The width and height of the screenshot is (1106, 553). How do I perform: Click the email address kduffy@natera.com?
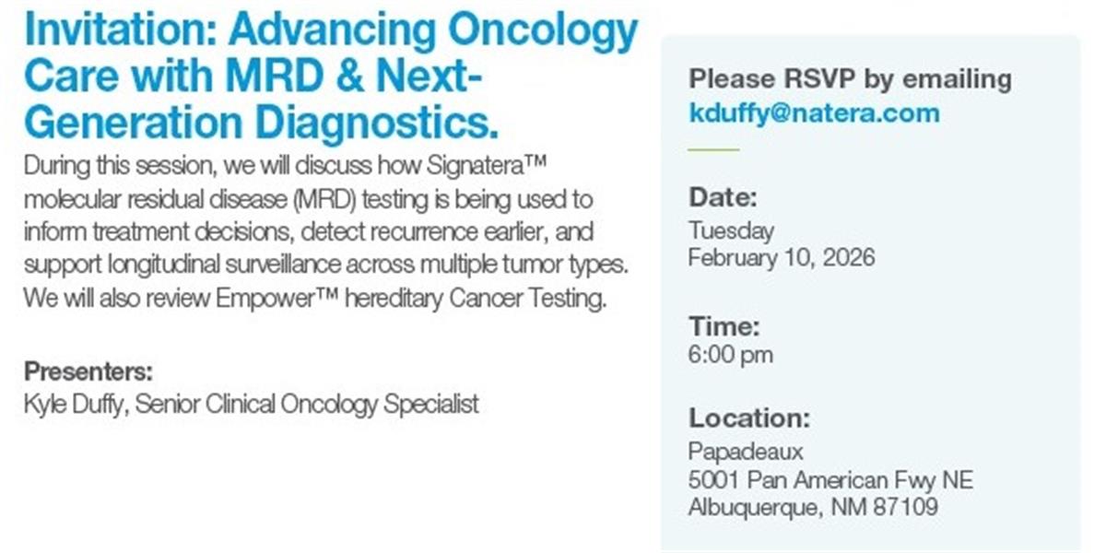point(814,114)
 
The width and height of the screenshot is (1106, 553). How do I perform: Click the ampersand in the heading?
point(350,76)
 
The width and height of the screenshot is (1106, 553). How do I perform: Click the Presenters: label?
point(88,371)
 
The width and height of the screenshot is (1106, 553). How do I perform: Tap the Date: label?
point(723,197)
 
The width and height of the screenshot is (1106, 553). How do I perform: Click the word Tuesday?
point(731,231)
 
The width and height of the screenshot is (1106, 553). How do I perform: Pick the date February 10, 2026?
point(782,258)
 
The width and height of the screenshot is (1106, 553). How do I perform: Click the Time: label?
point(724,326)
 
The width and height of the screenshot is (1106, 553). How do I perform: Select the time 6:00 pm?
point(731,355)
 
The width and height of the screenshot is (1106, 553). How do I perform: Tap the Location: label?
point(749,418)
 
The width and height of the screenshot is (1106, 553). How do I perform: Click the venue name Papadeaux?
point(746,453)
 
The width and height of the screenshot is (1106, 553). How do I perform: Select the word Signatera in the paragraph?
point(476,167)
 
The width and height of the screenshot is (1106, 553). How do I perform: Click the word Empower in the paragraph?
point(265,299)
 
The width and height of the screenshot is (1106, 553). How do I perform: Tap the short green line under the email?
point(714,149)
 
